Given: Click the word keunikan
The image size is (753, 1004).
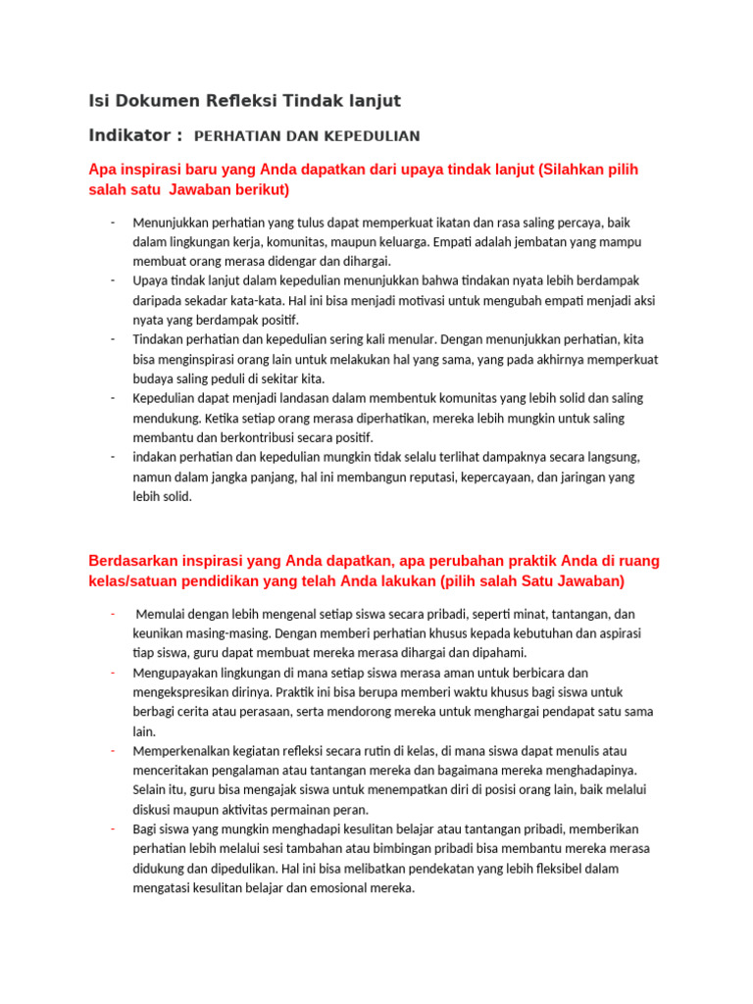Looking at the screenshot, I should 158,633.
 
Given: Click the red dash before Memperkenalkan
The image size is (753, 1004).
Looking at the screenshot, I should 114,751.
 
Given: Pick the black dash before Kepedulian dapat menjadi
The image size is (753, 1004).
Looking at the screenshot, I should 114,398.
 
